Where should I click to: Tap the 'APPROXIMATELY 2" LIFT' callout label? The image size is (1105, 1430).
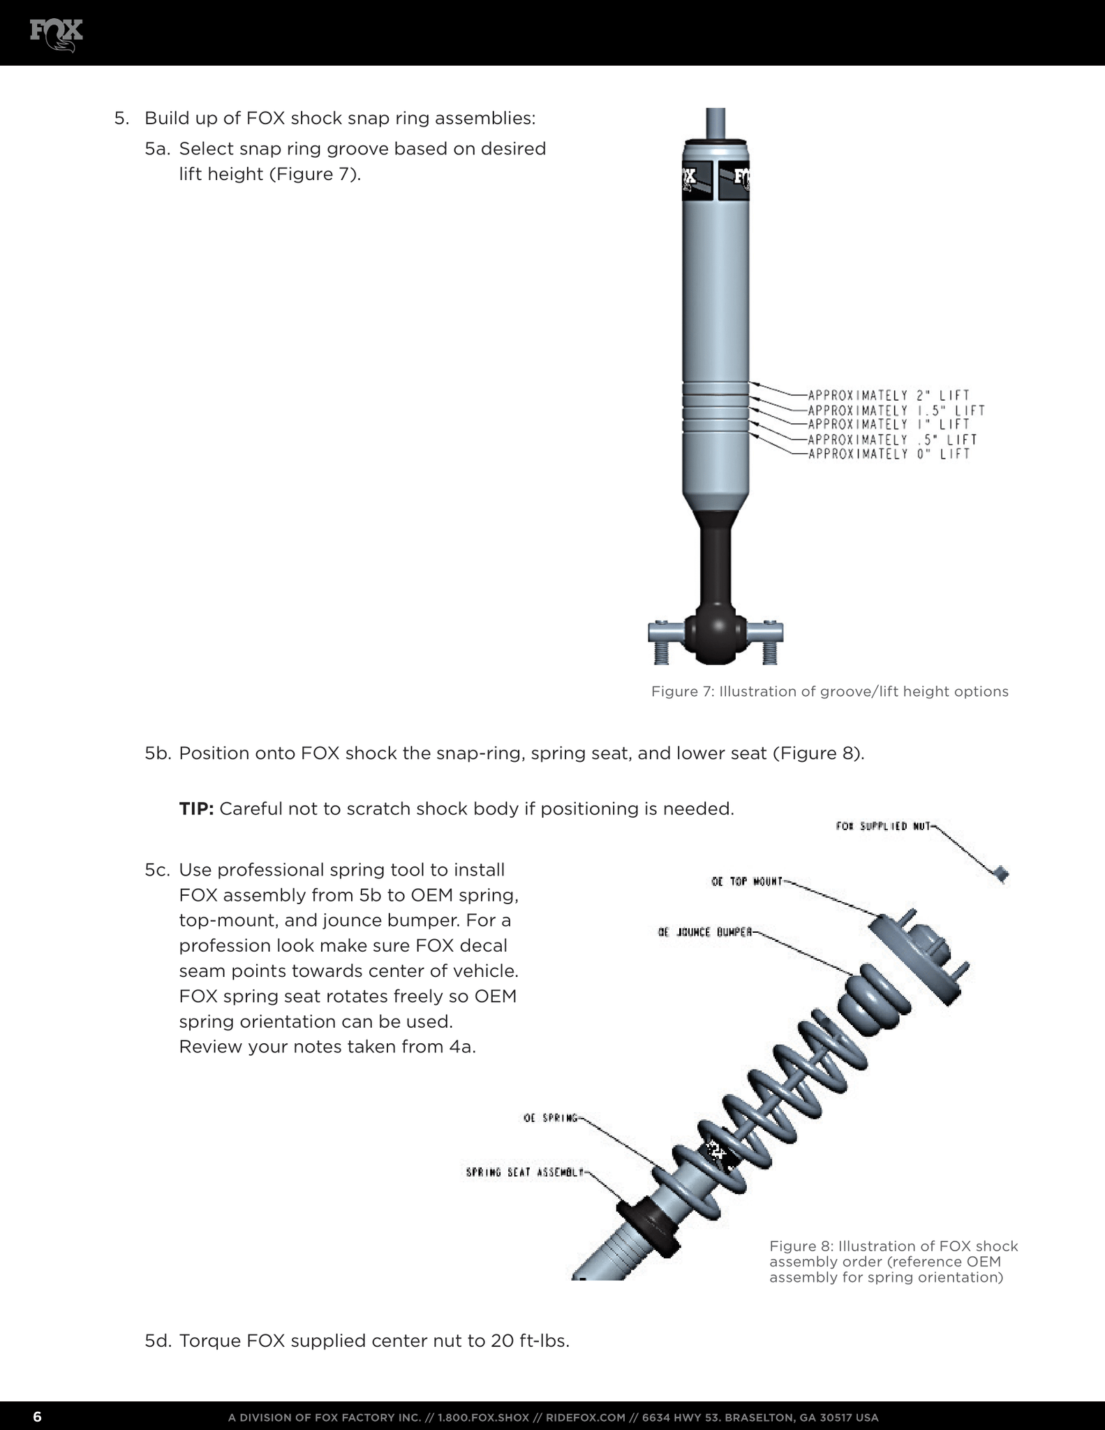(x=888, y=395)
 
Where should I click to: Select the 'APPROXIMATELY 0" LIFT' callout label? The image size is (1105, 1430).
(x=888, y=455)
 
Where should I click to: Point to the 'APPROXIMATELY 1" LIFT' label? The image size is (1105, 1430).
(x=888, y=425)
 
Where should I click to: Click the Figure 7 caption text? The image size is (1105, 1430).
(x=829, y=691)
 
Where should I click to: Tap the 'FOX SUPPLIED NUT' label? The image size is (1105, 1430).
(x=882, y=826)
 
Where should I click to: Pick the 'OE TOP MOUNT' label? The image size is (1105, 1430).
(x=746, y=881)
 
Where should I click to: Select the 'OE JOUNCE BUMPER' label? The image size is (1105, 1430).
(x=704, y=932)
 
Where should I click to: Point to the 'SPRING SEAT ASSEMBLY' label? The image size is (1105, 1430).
(x=524, y=1172)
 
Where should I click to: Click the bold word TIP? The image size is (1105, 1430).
(x=196, y=809)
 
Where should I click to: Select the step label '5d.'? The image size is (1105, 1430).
(x=158, y=1341)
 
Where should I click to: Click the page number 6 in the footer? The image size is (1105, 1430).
(x=37, y=1417)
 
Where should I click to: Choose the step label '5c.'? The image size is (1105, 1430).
(x=158, y=870)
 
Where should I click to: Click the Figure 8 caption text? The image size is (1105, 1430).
(x=893, y=1262)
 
